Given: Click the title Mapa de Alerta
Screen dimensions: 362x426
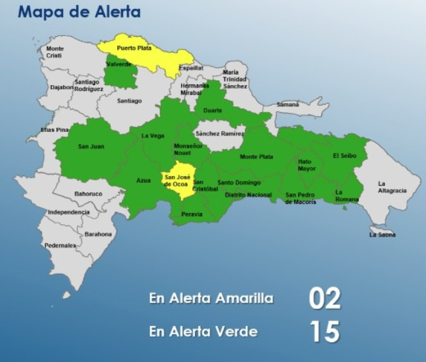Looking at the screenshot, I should (x=79, y=12).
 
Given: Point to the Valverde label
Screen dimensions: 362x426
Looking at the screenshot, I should (x=118, y=64).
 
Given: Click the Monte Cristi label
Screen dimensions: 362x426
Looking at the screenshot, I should (x=54, y=52).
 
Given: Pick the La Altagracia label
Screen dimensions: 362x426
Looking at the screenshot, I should (x=392, y=187).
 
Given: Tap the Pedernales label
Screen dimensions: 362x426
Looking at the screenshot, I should (x=60, y=245).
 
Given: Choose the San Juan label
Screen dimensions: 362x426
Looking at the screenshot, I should (x=91, y=146).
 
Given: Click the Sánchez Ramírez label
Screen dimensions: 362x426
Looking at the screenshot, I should (x=220, y=134).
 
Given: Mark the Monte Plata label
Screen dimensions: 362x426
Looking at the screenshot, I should (x=256, y=157).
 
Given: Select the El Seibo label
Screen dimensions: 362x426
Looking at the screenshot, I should (x=345, y=155).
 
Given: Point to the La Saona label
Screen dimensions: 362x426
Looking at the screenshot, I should (x=382, y=234).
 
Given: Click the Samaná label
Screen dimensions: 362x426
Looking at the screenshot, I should (x=288, y=104).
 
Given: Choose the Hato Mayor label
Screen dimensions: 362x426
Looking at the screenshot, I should (x=306, y=165).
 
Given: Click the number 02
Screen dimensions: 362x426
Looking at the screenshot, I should (x=324, y=299).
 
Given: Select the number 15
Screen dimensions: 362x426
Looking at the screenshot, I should (x=324, y=332).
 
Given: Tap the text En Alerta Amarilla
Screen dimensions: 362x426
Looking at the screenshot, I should (x=211, y=299).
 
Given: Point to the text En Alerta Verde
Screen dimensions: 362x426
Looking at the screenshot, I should (x=203, y=332).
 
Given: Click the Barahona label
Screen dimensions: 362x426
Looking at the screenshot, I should (x=99, y=234).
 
